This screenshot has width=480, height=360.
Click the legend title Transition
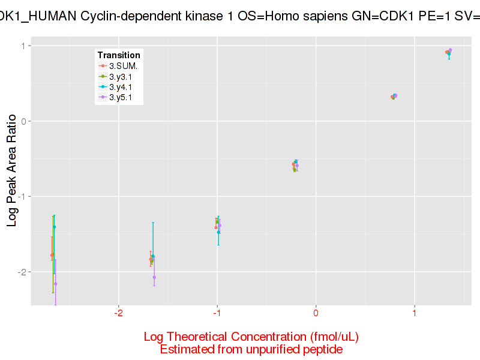(x=119, y=55)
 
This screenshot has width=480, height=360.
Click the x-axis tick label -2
(x=118, y=313)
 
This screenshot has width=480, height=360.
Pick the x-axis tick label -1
(x=217, y=313)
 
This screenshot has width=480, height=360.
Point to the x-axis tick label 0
(x=316, y=313)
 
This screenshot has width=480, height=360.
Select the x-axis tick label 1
(x=414, y=313)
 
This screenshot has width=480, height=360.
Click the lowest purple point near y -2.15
(x=55, y=284)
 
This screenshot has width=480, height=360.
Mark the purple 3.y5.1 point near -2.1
(x=154, y=277)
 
